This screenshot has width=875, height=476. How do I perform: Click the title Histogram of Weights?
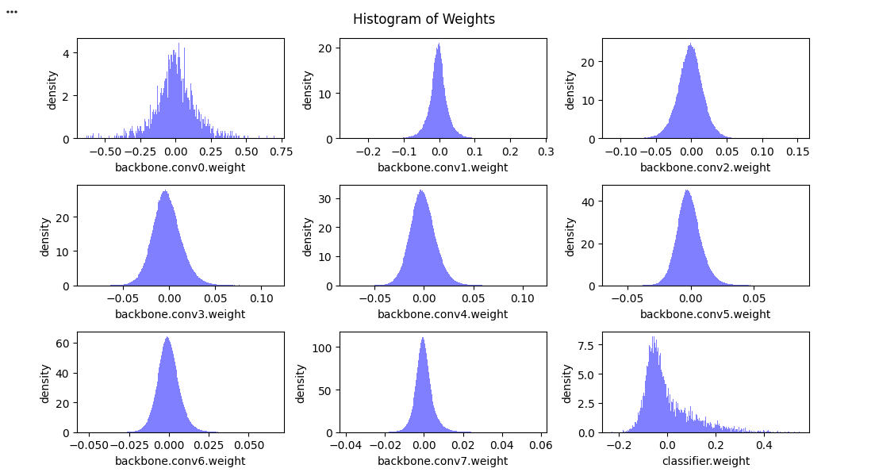pos(424,19)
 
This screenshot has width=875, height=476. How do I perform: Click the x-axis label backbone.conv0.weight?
pos(180,167)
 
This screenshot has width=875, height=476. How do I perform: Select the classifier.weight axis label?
pos(705,461)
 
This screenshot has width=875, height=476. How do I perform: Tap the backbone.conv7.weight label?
pos(443,461)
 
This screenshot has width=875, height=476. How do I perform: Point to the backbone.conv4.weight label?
pos(443,314)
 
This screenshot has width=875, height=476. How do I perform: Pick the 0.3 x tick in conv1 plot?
pos(545,151)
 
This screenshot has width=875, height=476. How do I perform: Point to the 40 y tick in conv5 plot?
pos(587,202)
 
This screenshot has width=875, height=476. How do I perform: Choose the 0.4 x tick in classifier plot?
pos(763,445)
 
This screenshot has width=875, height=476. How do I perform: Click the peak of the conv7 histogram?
pos(423,339)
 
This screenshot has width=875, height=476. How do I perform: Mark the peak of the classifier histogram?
pos(653,338)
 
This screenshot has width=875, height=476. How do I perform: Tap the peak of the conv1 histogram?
pos(439,44)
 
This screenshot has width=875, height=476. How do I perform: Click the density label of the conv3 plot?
pos(45,236)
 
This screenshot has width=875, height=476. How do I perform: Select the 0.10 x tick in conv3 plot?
pos(261,297)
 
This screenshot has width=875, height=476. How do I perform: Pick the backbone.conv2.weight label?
pos(705,167)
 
